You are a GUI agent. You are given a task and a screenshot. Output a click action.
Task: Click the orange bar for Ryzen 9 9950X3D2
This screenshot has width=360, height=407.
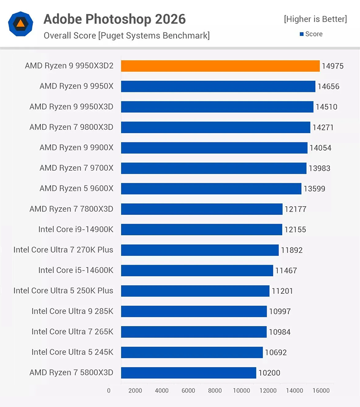click(x=220, y=66)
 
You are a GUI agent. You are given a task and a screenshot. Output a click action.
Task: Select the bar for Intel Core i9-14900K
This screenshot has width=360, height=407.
click(x=201, y=230)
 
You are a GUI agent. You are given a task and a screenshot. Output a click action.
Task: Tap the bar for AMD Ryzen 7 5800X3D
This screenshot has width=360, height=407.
click(x=188, y=373)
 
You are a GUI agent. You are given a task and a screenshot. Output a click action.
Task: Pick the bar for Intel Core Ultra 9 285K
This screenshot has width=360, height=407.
click(x=194, y=311)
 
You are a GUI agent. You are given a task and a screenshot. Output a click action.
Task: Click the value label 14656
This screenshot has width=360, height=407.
click(x=328, y=87)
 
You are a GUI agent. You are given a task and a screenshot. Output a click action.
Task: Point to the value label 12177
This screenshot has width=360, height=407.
click(x=295, y=209)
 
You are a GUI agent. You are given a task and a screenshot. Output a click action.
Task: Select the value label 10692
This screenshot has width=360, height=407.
click(x=275, y=353)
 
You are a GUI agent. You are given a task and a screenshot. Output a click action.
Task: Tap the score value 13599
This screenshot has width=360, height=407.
click(x=314, y=189)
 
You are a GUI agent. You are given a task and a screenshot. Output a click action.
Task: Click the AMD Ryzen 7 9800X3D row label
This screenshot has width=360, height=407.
click(x=71, y=127)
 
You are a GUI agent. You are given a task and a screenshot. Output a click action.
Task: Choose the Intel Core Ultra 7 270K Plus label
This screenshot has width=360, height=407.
click(x=63, y=250)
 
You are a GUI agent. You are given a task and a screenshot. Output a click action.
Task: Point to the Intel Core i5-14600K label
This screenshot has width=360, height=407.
click(x=75, y=270)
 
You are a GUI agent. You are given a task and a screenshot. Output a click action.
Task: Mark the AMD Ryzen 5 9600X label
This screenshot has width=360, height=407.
click(x=76, y=189)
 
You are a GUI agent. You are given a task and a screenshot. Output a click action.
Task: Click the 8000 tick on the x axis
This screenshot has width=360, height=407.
click(x=215, y=390)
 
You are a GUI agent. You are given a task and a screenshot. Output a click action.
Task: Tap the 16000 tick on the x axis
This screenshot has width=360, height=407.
click(x=321, y=390)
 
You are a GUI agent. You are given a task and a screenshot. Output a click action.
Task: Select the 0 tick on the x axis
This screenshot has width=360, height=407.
click(x=108, y=390)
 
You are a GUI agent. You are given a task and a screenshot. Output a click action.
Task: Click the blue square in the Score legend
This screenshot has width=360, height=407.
click(x=302, y=34)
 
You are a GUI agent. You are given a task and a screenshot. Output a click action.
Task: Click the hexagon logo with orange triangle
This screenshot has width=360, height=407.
click(x=21, y=24)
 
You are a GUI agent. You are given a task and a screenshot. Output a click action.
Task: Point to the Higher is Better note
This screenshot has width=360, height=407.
click(x=315, y=19)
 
